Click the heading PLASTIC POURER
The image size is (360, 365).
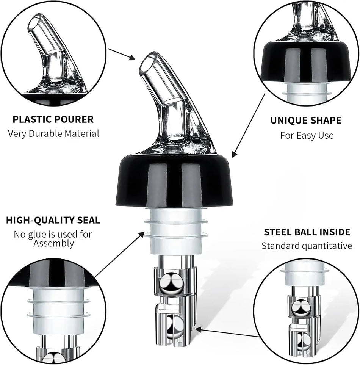[x=53, y=119]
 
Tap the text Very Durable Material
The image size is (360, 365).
[x=53, y=133]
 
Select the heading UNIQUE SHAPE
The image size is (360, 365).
[x=305, y=121]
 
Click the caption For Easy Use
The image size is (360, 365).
[x=307, y=135]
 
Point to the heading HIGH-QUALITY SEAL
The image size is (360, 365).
[x=53, y=220]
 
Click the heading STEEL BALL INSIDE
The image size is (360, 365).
[x=307, y=232]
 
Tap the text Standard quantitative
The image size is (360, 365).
[x=307, y=246]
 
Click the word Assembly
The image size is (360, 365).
[x=53, y=243]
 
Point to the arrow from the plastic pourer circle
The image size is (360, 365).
[x=122, y=54]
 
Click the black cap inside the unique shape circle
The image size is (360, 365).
[x=307, y=61]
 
